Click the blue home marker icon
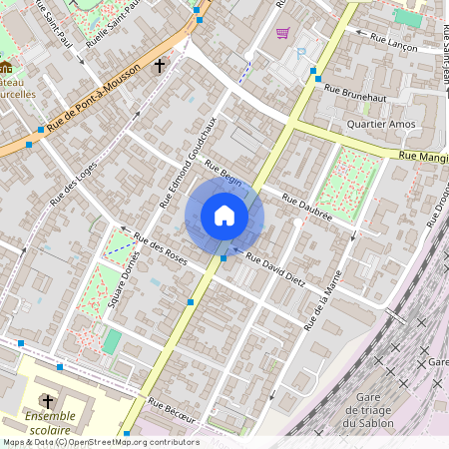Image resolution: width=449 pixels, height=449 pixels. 224,216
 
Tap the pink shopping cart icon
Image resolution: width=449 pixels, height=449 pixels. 282,33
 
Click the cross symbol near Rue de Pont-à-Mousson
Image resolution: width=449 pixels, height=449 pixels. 160,66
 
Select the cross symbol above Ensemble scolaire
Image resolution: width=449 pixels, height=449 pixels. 47,400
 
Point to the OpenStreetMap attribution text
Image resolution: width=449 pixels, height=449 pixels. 100,442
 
